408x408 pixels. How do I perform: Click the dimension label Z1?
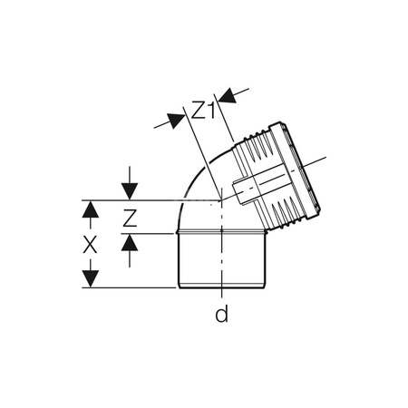(x=202, y=111)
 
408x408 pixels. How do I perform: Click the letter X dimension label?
(x=89, y=245)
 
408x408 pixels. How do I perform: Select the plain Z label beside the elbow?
(x=131, y=218)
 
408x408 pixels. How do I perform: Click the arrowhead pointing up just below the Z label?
(x=131, y=242)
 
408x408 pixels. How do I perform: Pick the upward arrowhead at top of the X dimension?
(x=90, y=209)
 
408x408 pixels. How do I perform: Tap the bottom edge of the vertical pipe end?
(x=220, y=288)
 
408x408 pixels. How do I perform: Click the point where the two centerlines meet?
(x=220, y=201)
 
